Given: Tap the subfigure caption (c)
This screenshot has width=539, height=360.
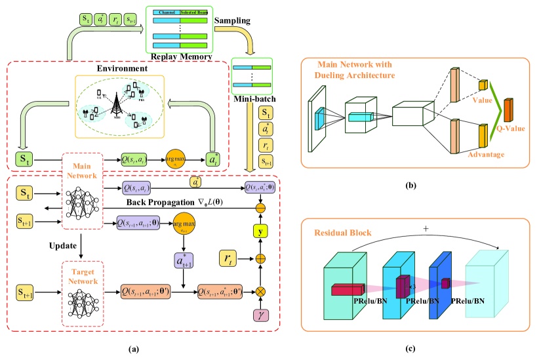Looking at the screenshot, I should click(411, 350).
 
